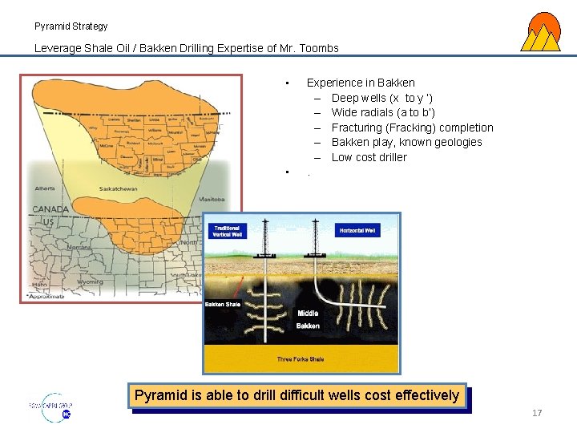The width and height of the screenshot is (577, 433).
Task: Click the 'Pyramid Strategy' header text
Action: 71,26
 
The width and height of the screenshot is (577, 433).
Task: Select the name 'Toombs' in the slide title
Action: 318,48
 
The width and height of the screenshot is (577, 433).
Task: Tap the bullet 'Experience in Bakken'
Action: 361,83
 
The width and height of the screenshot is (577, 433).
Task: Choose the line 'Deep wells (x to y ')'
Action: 382,98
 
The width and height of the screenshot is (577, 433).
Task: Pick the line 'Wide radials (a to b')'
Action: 383,112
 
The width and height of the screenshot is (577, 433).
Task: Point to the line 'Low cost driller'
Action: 369,157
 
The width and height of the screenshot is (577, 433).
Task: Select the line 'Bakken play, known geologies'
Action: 406,142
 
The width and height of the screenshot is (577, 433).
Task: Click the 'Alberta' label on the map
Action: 46,188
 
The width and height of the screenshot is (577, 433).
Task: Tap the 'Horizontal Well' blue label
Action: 357,231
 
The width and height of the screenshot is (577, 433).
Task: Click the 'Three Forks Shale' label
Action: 301,358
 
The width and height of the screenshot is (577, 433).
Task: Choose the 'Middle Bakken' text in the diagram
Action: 308,319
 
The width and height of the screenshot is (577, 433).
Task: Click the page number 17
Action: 537,413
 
